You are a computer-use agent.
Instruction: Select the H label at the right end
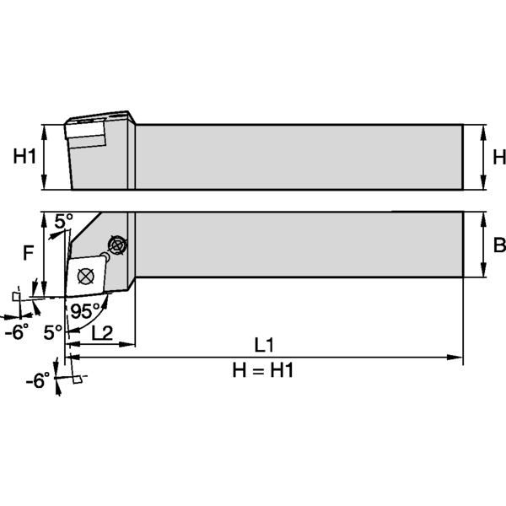coord(498,157)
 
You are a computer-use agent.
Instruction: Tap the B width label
coord(498,245)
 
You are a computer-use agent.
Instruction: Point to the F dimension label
coord(29,250)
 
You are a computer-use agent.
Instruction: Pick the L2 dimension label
coord(102,332)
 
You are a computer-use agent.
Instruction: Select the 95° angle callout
coord(84,310)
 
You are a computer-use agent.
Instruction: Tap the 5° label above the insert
coord(64,221)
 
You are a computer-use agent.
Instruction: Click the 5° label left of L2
coord(53,332)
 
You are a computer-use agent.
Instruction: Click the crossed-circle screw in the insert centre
coord(84,275)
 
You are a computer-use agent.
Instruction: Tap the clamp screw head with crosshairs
coord(116,246)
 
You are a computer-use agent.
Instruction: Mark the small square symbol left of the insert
coord(17,296)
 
